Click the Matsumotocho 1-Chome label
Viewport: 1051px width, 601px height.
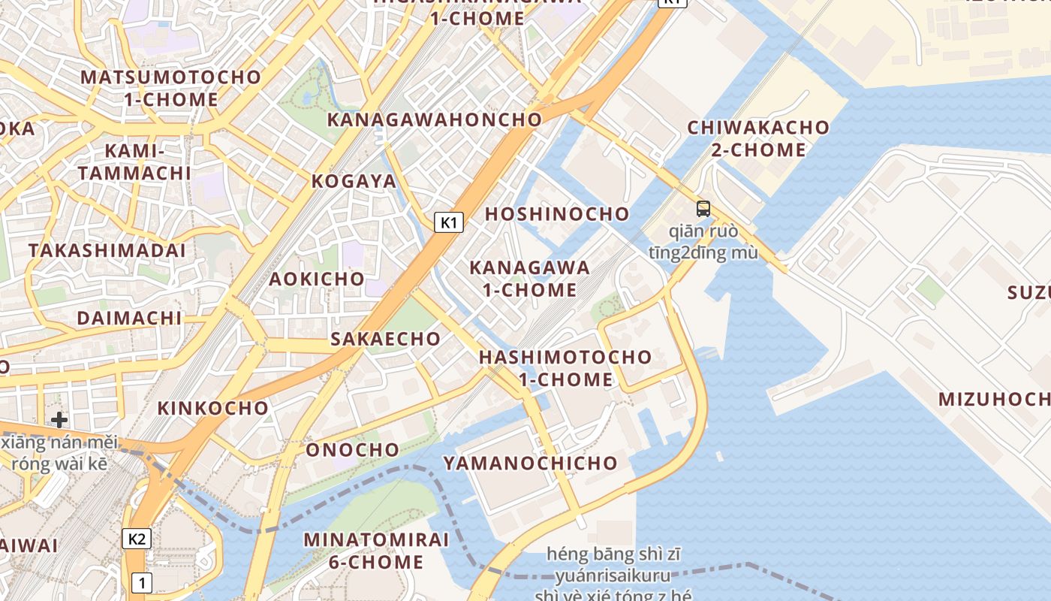click(x=170, y=88)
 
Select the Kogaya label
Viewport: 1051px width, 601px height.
click(x=354, y=181)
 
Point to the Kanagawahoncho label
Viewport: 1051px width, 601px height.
click(x=434, y=119)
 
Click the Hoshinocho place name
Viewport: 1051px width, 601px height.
click(x=557, y=214)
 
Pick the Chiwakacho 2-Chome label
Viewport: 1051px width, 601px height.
click(x=758, y=138)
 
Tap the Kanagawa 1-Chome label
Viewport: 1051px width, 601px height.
click(x=529, y=278)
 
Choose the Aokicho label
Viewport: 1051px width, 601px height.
click(x=317, y=279)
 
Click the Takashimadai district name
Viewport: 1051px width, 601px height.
click(x=107, y=250)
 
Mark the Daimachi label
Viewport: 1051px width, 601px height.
click(x=129, y=318)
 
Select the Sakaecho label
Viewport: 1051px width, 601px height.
click(x=386, y=339)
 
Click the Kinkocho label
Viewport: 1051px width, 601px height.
click(x=212, y=408)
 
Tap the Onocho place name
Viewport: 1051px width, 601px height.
click(x=352, y=450)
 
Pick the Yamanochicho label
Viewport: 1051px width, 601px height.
click(x=530, y=463)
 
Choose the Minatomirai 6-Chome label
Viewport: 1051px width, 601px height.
click(x=376, y=550)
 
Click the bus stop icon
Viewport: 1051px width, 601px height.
click(x=703, y=209)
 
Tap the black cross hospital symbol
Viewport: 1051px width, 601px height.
click(x=59, y=419)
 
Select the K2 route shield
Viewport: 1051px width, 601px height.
click(x=136, y=538)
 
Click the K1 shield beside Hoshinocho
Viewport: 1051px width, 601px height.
click(x=448, y=222)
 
